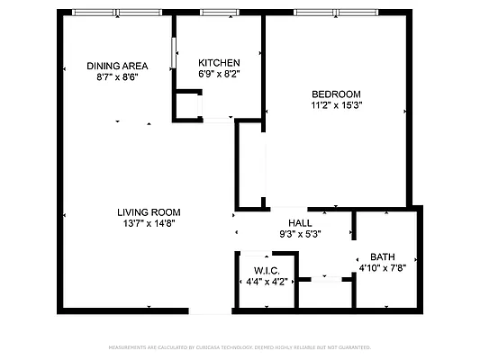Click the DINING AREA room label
pyautogui.click(x=116, y=66)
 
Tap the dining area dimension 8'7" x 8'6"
pyautogui.click(x=116, y=77)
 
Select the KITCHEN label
pyautogui.click(x=220, y=62)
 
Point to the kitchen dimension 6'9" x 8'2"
pyautogui.click(x=220, y=74)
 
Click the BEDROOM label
pyautogui.click(x=336, y=94)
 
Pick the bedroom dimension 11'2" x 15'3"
pyautogui.click(x=336, y=105)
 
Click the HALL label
pyautogui.click(x=300, y=223)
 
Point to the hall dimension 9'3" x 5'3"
pyautogui.click(x=300, y=234)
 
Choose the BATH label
pyautogui.click(x=383, y=256)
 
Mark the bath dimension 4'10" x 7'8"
pyautogui.click(x=383, y=267)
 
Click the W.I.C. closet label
pyautogui.click(x=267, y=270)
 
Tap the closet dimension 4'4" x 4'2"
pyautogui.click(x=267, y=282)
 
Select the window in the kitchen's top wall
pyautogui.click(x=213, y=13)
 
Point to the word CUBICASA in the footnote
pyautogui.click(x=226, y=346)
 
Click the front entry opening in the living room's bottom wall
pyautogui.click(x=211, y=310)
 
